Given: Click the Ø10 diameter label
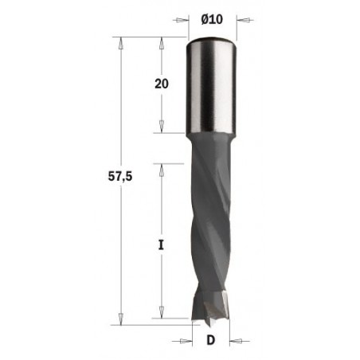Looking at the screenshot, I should tap(211, 18).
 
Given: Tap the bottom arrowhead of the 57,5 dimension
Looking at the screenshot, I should tap(120, 321).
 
